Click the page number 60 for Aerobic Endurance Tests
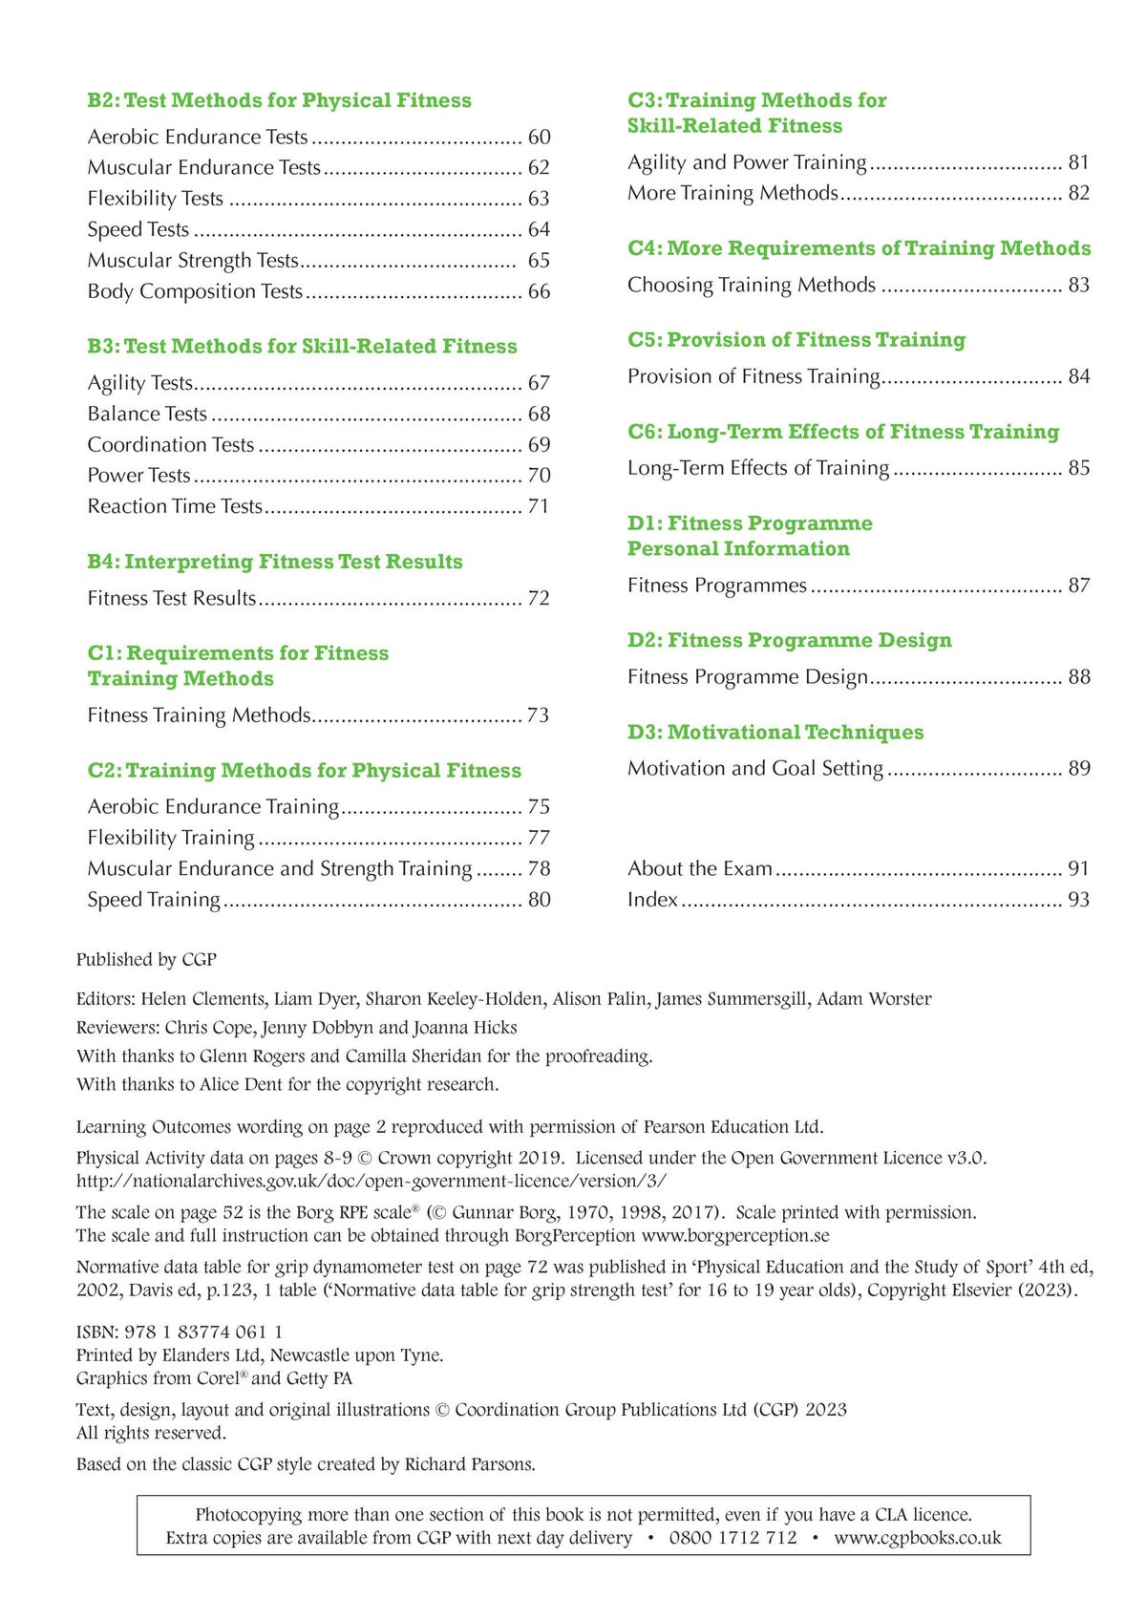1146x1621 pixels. click(539, 138)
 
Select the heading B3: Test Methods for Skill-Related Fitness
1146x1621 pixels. click(302, 346)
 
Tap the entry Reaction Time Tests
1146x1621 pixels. click(175, 506)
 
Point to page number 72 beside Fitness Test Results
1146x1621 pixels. click(539, 598)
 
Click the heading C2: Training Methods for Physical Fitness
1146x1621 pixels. click(304, 770)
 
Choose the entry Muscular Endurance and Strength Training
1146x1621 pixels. click(279, 868)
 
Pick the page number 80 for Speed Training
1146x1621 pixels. click(539, 900)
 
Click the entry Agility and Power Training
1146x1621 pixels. click(747, 162)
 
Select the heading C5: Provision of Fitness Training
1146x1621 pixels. click(796, 340)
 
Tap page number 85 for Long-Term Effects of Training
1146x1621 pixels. click(1078, 468)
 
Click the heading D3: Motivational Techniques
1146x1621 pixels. click(775, 732)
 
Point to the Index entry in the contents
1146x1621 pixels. click(652, 900)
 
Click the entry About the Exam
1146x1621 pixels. click(699, 868)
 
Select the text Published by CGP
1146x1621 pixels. click(146, 959)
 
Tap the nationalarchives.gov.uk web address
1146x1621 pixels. click(371, 1181)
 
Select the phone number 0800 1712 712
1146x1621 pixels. click(732, 1538)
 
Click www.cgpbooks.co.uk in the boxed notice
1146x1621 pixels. click(917, 1538)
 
